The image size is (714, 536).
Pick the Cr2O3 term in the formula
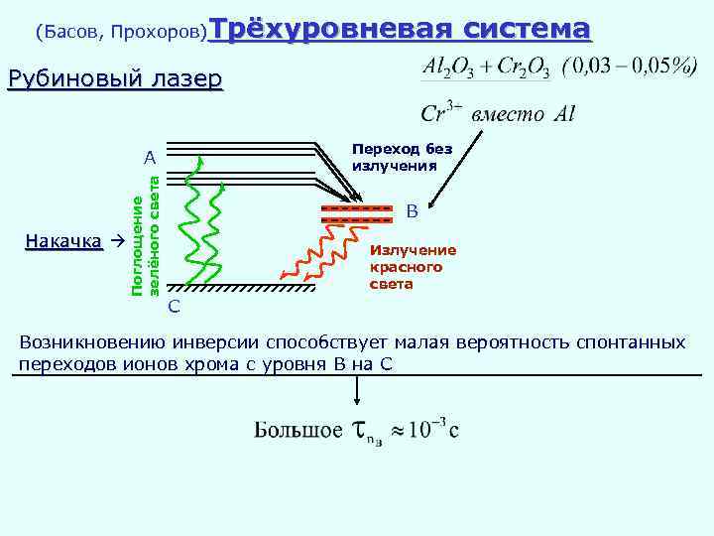coord(521,67)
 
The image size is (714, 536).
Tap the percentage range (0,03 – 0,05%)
coord(628,67)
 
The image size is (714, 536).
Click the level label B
coord(412,210)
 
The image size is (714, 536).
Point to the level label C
coord(174,305)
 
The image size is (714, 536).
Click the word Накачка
coord(63,241)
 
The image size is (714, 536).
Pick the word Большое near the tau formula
coord(297,430)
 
